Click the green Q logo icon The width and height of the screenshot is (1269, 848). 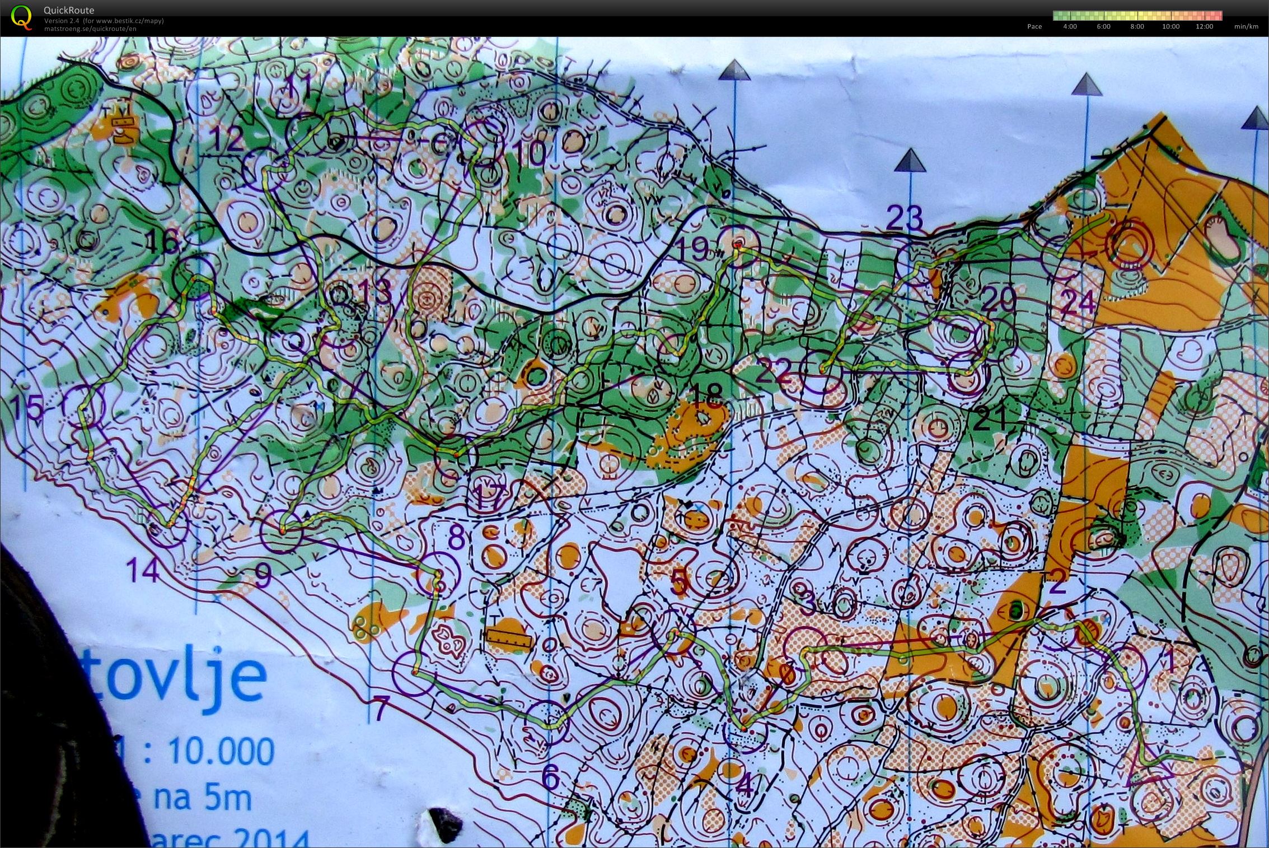21,16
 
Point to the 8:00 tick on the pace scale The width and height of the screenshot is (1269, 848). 1137,26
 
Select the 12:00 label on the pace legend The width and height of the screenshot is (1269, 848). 1204,26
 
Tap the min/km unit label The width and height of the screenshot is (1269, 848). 1246,26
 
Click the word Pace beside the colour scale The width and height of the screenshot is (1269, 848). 1034,26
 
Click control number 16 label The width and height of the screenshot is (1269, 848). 162,243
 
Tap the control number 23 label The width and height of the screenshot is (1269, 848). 905,218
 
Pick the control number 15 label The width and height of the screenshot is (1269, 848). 28,408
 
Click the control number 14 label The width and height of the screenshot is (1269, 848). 144,571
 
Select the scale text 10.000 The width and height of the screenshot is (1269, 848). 221,751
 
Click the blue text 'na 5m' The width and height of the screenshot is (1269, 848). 202,798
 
